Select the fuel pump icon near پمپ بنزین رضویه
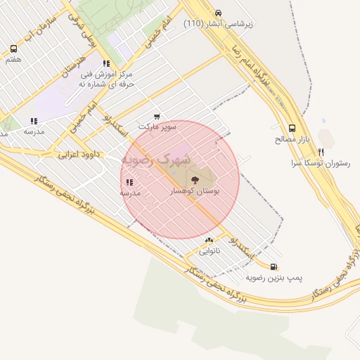(x=273, y=267)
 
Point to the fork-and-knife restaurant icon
(x=321, y=151)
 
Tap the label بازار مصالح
(x=292, y=139)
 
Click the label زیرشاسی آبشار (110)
(x=219, y=23)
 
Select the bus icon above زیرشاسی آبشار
(x=218, y=13)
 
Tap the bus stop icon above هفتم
(x=13, y=49)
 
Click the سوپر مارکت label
(x=155, y=127)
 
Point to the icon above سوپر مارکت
(x=156, y=116)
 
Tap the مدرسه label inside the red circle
(x=130, y=192)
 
